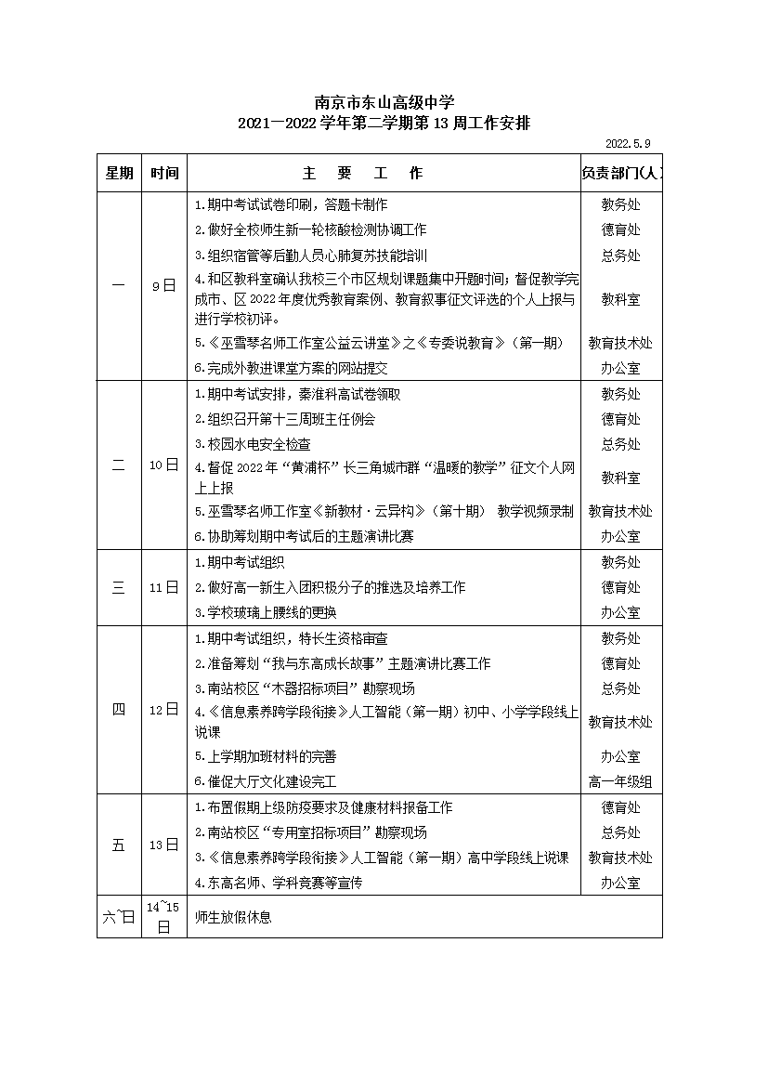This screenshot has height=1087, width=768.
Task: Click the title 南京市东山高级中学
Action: [384, 102]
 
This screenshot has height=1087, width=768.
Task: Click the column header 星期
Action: [119, 174]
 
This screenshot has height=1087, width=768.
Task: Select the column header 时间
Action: [164, 174]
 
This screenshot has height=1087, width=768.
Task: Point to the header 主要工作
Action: [361, 174]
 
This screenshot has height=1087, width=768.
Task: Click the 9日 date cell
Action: [163, 286]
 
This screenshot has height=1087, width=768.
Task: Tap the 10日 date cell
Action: [163, 465]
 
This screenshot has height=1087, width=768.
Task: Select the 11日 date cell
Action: [163, 587]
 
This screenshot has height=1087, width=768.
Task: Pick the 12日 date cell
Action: [163, 710]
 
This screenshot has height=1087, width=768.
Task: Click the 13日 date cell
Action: [163, 845]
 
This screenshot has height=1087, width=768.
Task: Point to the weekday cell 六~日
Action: [119, 917]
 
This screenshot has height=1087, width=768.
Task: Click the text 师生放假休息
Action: [233, 917]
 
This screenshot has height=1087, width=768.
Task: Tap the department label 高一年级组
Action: [620, 782]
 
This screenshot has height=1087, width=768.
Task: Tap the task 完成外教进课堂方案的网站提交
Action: [291, 369]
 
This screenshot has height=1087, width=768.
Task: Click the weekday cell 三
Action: [119, 587]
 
